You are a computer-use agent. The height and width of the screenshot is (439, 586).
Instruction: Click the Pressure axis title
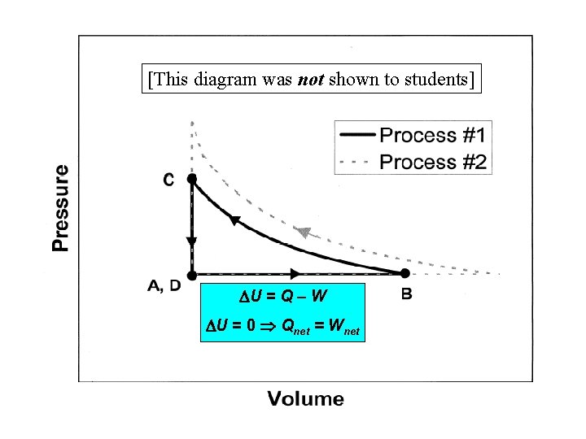pyautogui.click(x=61, y=208)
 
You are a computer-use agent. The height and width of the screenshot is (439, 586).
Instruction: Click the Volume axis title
pyautogui.click(x=306, y=398)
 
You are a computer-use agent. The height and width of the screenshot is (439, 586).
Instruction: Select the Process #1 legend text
pyautogui.click(x=433, y=135)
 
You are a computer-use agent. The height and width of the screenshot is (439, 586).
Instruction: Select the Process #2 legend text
pyautogui.click(x=433, y=162)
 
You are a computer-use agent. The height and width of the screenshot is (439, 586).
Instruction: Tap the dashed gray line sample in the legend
pyautogui.click(x=356, y=162)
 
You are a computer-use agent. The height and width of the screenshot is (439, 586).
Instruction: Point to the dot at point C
pyautogui.click(x=192, y=178)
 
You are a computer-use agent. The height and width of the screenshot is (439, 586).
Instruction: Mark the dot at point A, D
pyautogui.click(x=192, y=275)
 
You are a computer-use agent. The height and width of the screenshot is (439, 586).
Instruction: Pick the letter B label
pyautogui.click(x=407, y=294)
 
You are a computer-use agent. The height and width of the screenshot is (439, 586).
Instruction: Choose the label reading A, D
pyautogui.click(x=164, y=286)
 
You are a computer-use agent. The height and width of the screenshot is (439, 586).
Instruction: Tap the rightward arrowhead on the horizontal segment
pyautogui.click(x=295, y=274)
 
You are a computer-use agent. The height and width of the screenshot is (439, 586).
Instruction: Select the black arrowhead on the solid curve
pyautogui.click(x=235, y=220)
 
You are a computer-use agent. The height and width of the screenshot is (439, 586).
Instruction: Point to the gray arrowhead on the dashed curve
pyautogui.click(x=304, y=233)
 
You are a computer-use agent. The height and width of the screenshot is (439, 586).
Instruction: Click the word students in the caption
pyautogui.click(x=429, y=79)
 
